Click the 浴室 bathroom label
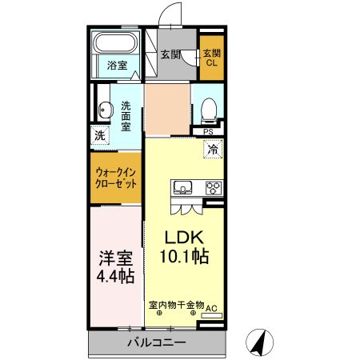click(117, 66)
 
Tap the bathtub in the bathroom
click(118, 44)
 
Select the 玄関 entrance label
click(169, 54)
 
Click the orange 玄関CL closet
click(212, 58)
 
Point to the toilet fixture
click(209, 108)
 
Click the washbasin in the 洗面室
click(103, 110)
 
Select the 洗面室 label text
click(126, 115)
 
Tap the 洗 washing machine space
click(100, 135)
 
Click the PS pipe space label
click(208, 133)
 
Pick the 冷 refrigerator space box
click(212, 148)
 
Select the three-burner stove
click(214, 189)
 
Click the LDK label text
click(186, 238)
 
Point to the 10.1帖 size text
click(186, 257)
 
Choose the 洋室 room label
click(115, 260)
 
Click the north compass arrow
click(258, 342)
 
